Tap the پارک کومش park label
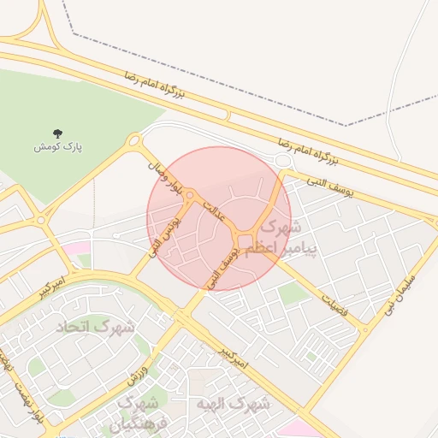point(58,147)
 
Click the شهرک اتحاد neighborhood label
point(96,327)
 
